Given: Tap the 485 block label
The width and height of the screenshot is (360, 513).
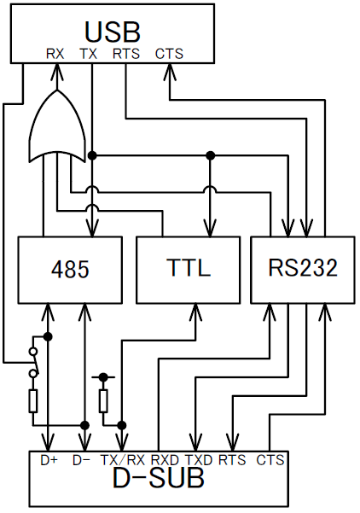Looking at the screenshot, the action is tap(70, 270).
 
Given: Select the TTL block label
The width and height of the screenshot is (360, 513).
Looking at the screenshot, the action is tap(188, 268).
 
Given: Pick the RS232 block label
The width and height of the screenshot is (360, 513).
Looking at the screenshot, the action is tap(303, 268).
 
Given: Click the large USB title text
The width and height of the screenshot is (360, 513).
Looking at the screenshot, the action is tap(113, 32).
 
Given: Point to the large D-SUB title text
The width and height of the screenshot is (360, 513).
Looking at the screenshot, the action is tap(159, 478).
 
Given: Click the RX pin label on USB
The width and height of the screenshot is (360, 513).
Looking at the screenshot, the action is tap(55, 54).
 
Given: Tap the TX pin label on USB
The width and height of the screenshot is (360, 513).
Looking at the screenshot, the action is tap(89, 54).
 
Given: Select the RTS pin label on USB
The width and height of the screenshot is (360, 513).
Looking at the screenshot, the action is tap(126, 54).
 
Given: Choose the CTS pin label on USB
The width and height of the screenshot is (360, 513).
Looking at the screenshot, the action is tap(169, 54).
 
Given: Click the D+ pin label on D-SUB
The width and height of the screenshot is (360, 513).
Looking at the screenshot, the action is tap(49, 460).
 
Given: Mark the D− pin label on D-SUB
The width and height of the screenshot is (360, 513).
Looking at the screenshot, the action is tap(81, 460).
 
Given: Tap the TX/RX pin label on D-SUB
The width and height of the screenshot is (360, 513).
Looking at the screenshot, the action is tap(123, 460).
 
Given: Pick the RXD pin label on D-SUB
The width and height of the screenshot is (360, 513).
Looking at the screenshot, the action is tap(165, 460).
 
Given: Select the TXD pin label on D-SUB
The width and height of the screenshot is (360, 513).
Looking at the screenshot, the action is tap(199, 460).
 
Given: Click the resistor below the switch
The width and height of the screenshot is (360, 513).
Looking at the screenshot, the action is tap(33, 401).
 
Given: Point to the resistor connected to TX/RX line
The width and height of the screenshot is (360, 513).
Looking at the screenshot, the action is tap(103, 401).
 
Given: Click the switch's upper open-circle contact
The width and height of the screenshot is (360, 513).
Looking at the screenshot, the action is tap(33, 352).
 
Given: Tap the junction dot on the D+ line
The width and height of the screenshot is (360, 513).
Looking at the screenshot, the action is tap(48, 336).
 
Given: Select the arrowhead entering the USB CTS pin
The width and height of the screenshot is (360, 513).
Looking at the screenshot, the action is tap(170, 72).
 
